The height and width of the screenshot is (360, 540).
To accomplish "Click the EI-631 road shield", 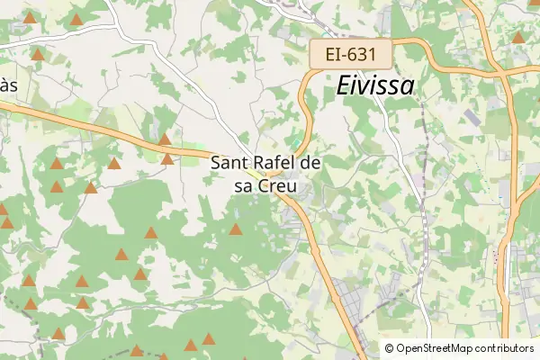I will tap(351, 54).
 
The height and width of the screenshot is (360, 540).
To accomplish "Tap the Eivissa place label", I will tap(375, 85).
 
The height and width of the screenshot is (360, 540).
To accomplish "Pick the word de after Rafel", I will tap(310, 164).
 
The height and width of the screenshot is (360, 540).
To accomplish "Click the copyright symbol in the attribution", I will tap(390, 348).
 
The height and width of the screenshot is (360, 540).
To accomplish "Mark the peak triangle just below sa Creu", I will tap(236, 229).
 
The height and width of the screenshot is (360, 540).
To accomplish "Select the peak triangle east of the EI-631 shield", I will tap(517, 38).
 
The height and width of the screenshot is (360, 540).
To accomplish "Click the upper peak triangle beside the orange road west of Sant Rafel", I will tap(164, 139).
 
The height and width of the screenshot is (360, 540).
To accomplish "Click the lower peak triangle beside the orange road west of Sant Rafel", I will tap(167, 159).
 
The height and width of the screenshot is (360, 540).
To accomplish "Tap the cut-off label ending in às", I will tap(7, 85).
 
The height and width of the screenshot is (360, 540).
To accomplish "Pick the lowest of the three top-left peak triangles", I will tap(38, 54).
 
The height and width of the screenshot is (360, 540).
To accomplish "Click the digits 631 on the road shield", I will tap(363, 54).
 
